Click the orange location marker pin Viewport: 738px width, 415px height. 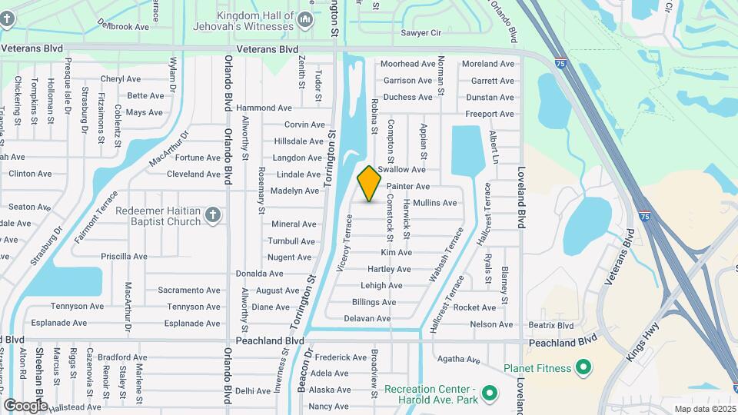(x=369, y=184)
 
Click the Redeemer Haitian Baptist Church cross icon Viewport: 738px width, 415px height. (x=213, y=216)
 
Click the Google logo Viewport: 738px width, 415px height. (x=25, y=405)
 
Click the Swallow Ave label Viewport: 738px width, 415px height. (x=401, y=169)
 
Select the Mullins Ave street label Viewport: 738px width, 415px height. (x=434, y=203)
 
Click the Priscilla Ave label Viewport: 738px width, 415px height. (x=124, y=257)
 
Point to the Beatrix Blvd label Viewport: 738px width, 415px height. (x=550, y=325)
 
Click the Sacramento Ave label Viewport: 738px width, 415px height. (x=189, y=290)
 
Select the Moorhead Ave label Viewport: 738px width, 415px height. (x=408, y=64)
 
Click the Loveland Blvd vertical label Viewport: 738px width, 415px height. (x=520, y=198)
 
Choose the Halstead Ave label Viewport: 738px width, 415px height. (x=77, y=407)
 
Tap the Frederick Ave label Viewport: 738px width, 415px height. (x=341, y=357)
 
